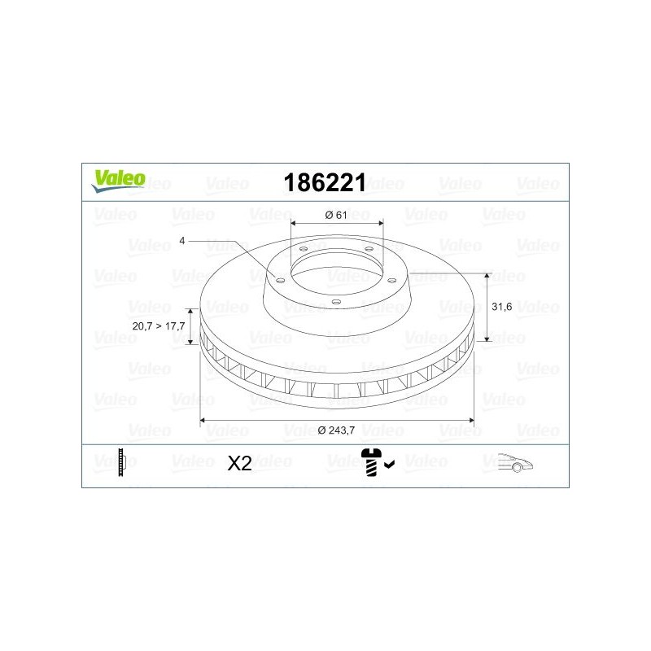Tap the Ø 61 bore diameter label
coord(336,215)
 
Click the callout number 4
coord(183,241)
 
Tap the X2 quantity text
coord(238,464)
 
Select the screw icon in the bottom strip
coord(373,461)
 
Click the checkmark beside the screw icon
coord(390,465)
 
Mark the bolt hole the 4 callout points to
coord(281,279)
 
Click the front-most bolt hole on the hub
coord(336,301)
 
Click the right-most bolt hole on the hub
coord(391,279)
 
